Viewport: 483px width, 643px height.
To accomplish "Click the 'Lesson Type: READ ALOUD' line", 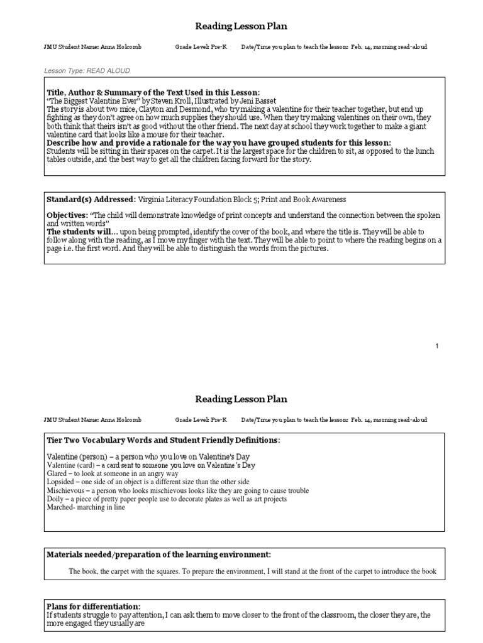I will (x=87, y=71).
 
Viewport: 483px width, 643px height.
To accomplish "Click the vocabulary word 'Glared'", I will (x=58, y=473).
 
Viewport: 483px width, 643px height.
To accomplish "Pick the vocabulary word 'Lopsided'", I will (x=62, y=482).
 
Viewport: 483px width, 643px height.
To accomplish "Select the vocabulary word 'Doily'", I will (x=56, y=499).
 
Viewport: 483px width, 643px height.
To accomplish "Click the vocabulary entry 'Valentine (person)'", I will (x=76, y=455).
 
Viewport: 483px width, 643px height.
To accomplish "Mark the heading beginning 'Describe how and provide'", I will (x=219, y=143).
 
